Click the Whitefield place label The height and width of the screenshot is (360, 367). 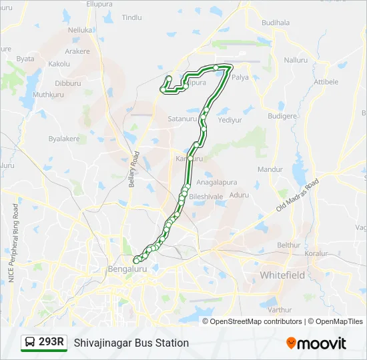pyautogui.click(x=282, y=275)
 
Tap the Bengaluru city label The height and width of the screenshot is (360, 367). pyautogui.click(x=127, y=269)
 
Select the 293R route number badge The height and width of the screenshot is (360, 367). pyautogui.click(x=44, y=342)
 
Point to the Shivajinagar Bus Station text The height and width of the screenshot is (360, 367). pyautogui.click(x=131, y=343)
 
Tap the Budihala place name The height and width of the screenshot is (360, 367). pyautogui.click(x=276, y=22)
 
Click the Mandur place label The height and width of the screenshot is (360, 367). pyautogui.click(x=271, y=169)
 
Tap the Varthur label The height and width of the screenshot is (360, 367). pyautogui.click(x=280, y=309)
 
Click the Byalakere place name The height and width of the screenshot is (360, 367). pyautogui.click(x=64, y=139)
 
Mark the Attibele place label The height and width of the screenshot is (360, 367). pyautogui.click(x=326, y=81)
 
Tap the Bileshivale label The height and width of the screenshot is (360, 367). pyautogui.click(x=206, y=197)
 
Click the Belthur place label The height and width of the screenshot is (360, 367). pyautogui.click(x=289, y=245)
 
